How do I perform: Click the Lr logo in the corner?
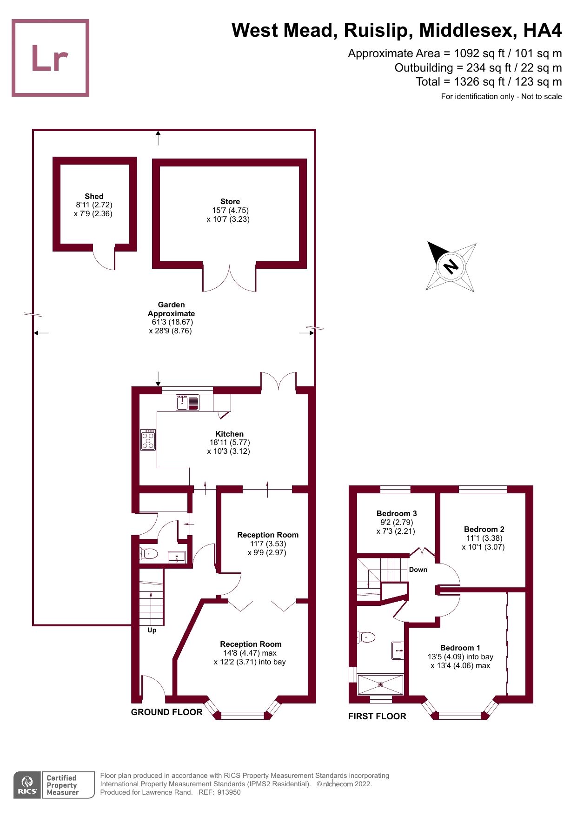click(50, 58)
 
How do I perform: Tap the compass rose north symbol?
click(451, 267)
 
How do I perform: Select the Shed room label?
click(94, 196)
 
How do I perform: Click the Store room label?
click(230, 201)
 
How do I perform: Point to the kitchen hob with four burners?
click(148, 439)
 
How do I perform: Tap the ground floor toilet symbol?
click(149, 553)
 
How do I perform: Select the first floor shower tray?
click(380, 684)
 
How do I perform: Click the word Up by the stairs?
click(152, 630)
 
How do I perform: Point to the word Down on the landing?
click(418, 570)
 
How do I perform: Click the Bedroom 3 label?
click(397, 513)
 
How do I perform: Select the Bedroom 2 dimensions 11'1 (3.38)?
click(484, 538)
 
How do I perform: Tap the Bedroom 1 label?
click(460, 648)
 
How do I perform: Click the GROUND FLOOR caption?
click(166, 712)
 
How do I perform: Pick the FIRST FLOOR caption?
click(377, 716)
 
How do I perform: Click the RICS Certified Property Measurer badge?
click(54, 785)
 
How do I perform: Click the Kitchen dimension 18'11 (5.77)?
click(230, 442)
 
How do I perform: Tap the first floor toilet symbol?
click(366, 637)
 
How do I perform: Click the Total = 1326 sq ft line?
click(489, 82)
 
